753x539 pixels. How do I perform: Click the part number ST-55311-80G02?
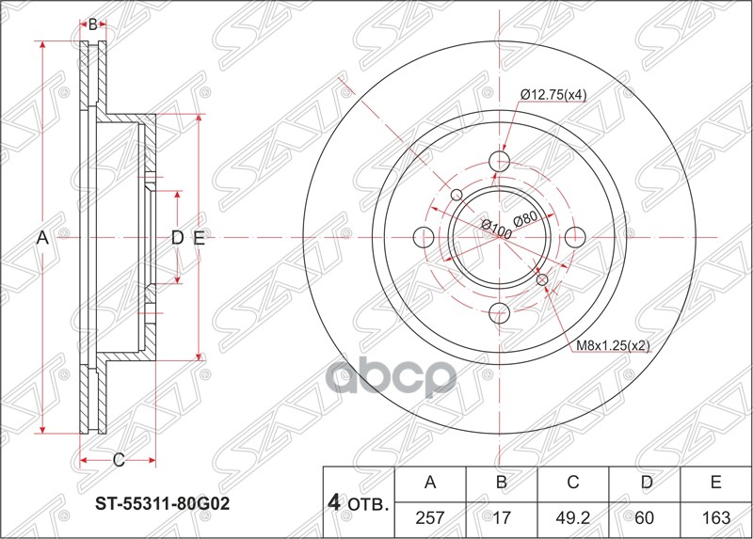pos(163,503)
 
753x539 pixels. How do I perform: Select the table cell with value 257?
pos(430,518)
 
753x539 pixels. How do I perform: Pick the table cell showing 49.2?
pos(572,518)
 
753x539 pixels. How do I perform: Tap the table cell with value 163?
pos(715,518)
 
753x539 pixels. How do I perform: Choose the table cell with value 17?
pos(502,518)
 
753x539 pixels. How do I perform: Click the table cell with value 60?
pos(645,518)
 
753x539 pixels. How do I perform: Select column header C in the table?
pos(572,484)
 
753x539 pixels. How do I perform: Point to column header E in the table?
pos(715,484)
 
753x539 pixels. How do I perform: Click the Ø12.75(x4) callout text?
pos(554,93)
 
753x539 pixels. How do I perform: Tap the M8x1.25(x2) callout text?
pos(614,345)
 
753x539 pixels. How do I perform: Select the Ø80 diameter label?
pos(525,218)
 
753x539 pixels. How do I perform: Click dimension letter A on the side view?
pos(41,239)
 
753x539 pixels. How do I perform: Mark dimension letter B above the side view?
pos(92,24)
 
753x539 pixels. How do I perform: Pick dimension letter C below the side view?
pos(119,460)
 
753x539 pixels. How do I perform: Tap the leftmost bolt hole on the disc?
pos(424,236)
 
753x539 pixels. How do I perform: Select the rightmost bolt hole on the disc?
pos(575,236)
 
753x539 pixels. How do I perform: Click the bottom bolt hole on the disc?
pos(500,311)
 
